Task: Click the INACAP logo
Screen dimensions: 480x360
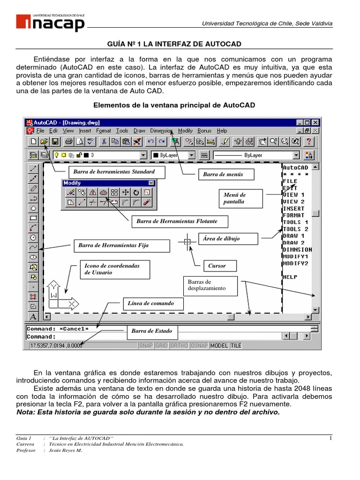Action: [x=51, y=22]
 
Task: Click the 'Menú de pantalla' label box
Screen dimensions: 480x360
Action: [x=238, y=198]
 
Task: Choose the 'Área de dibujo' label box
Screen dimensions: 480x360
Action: [x=228, y=239]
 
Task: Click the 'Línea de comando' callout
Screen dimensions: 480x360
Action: [x=150, y=303]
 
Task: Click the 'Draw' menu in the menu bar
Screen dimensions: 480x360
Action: [x=139, y=131]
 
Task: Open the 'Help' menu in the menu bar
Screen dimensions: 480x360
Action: [x=222, y=131]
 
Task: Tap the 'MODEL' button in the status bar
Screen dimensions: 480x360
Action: [x=219, y=345]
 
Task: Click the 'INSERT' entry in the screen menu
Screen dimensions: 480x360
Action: [x=294, y=209]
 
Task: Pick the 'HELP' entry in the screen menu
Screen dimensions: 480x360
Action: [x=290, y=277]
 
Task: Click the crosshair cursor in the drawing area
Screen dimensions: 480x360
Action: [x=187, y=242]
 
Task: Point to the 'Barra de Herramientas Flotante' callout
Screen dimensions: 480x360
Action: [x=174, y=221]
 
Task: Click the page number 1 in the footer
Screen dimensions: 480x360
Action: [x=330, y=438]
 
